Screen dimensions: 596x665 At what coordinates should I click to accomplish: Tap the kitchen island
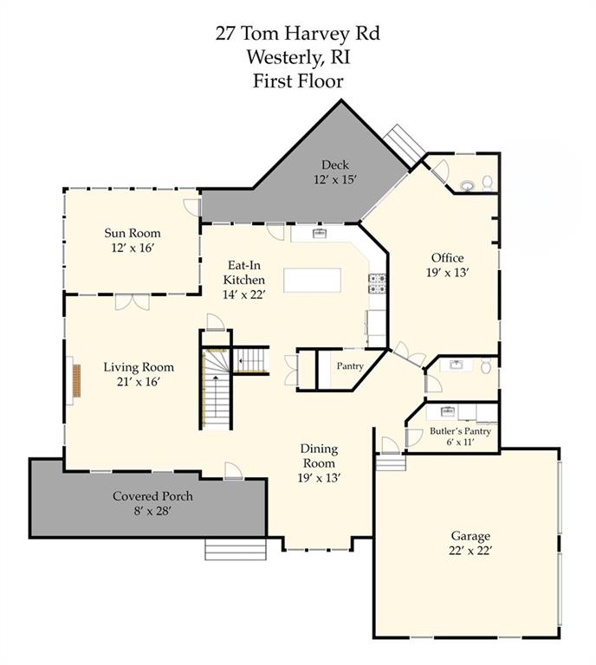312,280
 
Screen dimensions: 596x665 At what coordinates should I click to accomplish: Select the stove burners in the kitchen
377,284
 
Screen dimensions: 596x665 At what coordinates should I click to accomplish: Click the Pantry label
350,366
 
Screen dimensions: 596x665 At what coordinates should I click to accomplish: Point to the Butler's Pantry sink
447,410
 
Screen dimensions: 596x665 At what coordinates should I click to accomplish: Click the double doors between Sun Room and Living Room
133,301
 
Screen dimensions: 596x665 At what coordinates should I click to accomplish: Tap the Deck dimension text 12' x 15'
334,180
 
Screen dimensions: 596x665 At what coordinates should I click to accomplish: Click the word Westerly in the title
285,57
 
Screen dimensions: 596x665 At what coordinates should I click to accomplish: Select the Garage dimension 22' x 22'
470,551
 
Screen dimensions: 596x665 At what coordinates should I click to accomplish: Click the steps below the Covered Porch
236,549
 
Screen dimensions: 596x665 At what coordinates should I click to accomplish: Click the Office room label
448,258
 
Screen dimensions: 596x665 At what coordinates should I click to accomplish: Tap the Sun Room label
133,233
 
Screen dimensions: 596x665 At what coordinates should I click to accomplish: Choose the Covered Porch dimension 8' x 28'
152,511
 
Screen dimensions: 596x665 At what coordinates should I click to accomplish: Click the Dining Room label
319,456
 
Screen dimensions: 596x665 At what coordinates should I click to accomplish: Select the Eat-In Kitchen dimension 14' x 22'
244,294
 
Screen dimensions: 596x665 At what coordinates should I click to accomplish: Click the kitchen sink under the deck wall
320,233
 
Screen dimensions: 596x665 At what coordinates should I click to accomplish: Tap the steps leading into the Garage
391,462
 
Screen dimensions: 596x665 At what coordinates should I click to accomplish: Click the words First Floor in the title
298,81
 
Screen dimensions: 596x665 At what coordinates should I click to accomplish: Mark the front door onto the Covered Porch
233,471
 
